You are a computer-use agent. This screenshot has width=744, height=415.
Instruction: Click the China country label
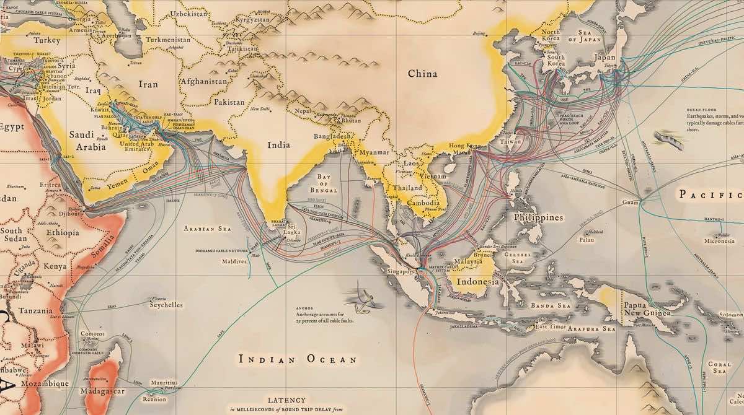pos(422,74)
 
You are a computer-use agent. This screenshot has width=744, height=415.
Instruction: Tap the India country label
pos(278,145)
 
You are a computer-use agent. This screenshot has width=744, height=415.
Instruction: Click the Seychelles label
pos(166,305)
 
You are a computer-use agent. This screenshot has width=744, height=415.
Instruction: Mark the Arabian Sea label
pos(208,229)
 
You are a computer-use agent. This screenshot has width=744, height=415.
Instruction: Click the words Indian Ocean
pos(298,359)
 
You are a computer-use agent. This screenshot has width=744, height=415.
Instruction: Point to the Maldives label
pos(234,261)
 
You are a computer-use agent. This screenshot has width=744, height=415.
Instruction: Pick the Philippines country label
pos(538,217)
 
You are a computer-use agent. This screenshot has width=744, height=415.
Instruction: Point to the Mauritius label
pos(164,383)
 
